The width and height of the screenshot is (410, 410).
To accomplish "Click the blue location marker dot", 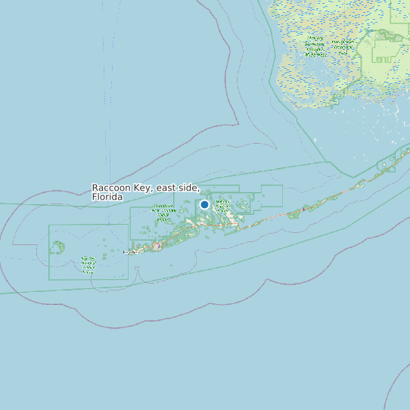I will pos(204,204).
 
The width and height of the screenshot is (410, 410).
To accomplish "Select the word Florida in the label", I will pos(107,197).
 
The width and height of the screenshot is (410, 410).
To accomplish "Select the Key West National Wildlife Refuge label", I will pos(89,263).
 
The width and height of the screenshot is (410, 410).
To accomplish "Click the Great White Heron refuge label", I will pos(163,210).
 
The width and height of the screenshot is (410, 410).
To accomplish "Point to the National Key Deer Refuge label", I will pos(223,206).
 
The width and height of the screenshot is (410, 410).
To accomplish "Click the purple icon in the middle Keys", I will pos(305,208).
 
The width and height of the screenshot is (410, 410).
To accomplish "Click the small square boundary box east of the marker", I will pos(270,196).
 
